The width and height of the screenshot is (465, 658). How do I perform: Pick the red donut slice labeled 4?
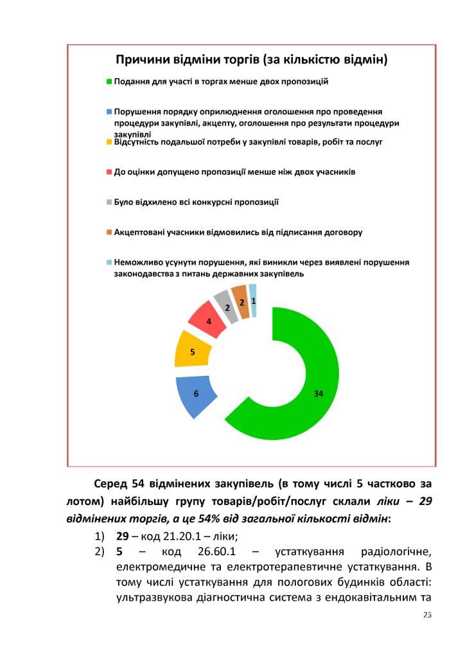[207, 319]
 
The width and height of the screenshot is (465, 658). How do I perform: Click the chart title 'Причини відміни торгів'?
[251, 60]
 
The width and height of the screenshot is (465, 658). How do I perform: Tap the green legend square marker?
[109, 82]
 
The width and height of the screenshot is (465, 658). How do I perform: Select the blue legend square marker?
[109, 111]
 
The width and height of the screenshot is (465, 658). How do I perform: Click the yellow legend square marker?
[109, 141]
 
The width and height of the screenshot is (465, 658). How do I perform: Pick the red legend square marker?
[109, 172]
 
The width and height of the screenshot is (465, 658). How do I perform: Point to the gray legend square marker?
[109, 202]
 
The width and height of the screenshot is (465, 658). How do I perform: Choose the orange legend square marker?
[109, 232]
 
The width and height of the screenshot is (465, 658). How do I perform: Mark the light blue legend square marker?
[109, 262]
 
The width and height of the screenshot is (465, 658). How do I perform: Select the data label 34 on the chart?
[318, 394]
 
